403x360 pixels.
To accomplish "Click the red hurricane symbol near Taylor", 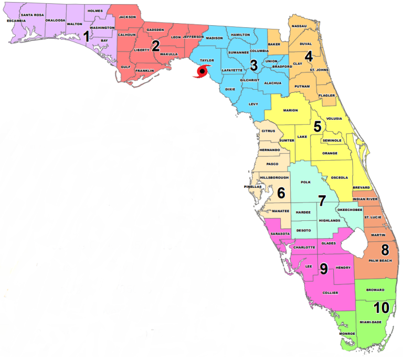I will click(201, 72).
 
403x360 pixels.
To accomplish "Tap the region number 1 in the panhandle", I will click(87, 36).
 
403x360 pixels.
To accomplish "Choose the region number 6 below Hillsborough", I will click(281, 193).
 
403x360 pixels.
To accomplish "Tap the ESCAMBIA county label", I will click(16, 20).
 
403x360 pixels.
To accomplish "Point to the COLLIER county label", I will click(330, 292).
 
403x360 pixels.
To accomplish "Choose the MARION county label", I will click(290, 110).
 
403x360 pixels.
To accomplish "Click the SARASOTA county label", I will click(280, 234).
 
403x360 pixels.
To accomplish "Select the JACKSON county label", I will click(127, 17).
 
